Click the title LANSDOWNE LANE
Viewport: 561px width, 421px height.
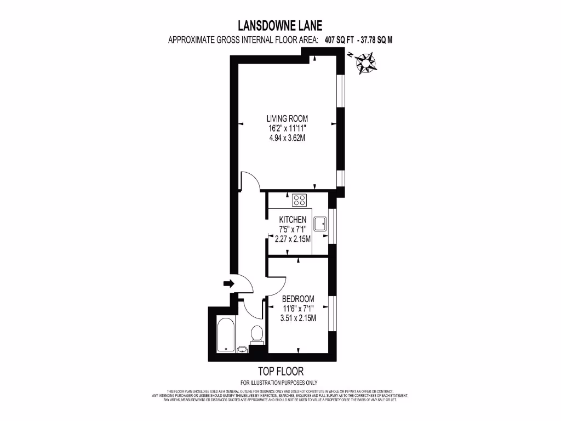pyautogui.click(x=280, y=25)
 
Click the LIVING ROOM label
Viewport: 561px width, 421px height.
pyautogui.click(x=287, y=118)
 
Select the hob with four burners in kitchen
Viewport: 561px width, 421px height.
pyautogui.click(x=300, y=200)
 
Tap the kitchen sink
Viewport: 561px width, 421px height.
pyautogui.click(x=320, y=223)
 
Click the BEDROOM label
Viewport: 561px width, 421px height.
pyautogui.click(x=298, y=299)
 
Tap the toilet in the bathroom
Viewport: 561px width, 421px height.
pyautogui.click(x=256, y=334)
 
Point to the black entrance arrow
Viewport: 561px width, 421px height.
pyautogui.click(x=228, y=283)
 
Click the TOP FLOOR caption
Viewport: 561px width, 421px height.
pyautogui.click(x=280, y=371)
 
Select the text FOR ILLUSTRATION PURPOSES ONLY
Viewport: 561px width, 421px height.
pyautogui.click(x=279, y=383)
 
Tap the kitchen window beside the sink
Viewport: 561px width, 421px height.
pyautogui.click(x=331, y=224)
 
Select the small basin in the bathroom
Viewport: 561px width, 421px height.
pyautogui.click(x=243, y=348)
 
